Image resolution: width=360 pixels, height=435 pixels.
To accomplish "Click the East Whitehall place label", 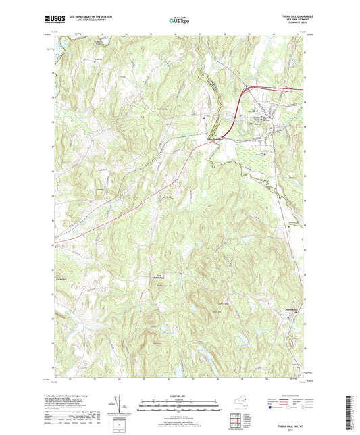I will click(155, 275).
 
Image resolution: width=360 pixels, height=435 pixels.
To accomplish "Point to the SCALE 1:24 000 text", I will click(179, 395).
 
